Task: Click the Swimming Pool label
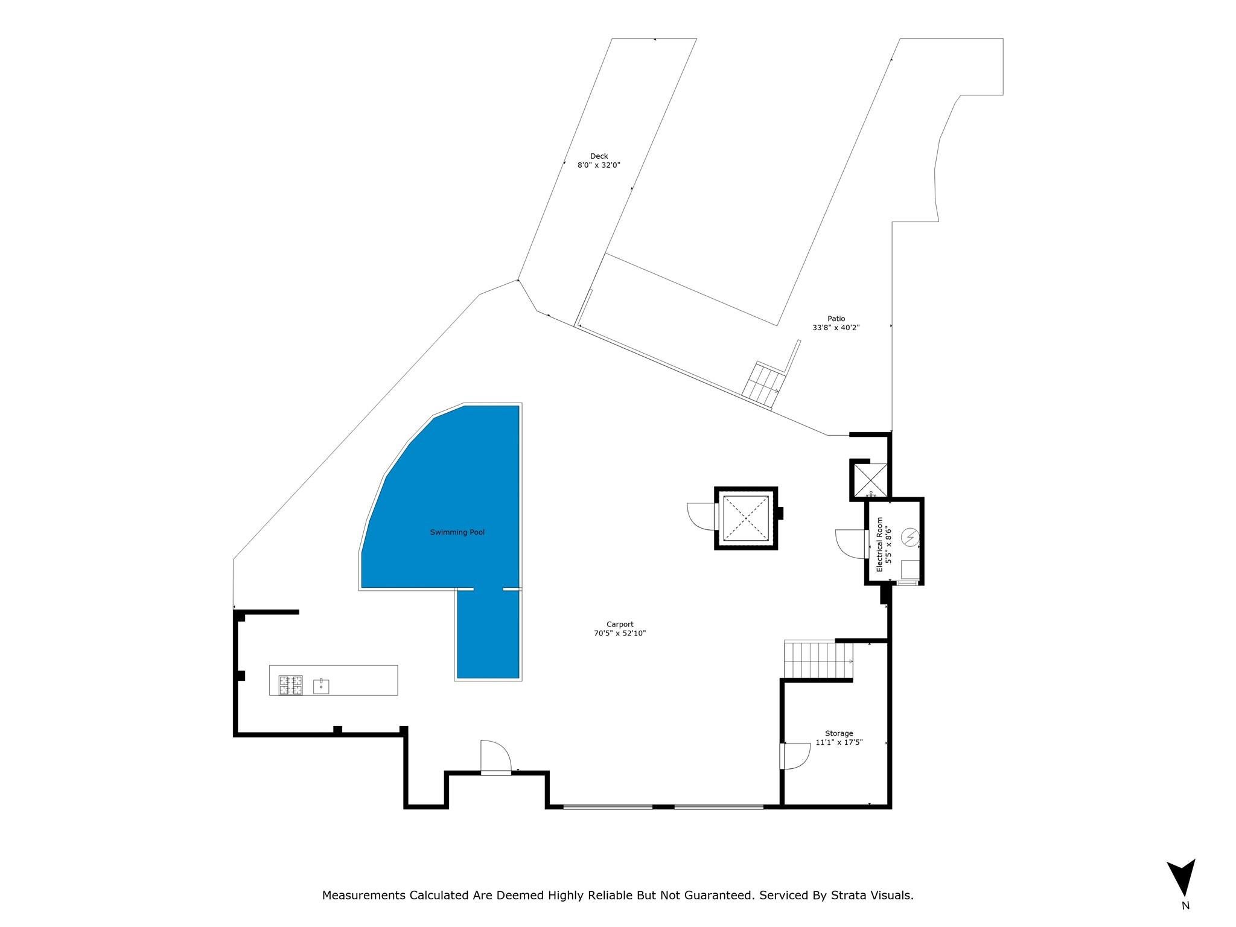coord(457,532)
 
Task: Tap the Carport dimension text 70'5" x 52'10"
coord(620,633)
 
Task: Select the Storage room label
coord(839,733)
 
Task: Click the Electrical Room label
coord(879,544)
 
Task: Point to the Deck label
coord(599,156)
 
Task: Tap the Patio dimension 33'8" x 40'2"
coord(836,328)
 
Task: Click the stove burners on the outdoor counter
coord(290,686)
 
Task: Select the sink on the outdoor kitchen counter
coord(321,686)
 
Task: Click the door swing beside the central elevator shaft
coord(701,517)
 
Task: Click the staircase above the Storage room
coord(818,660)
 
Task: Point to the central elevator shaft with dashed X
coord(746,518)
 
